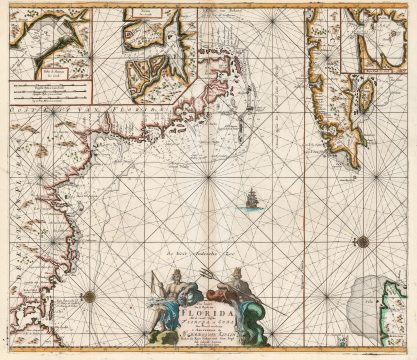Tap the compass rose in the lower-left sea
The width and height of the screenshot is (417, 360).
88,295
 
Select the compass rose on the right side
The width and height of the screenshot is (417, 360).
363,240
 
